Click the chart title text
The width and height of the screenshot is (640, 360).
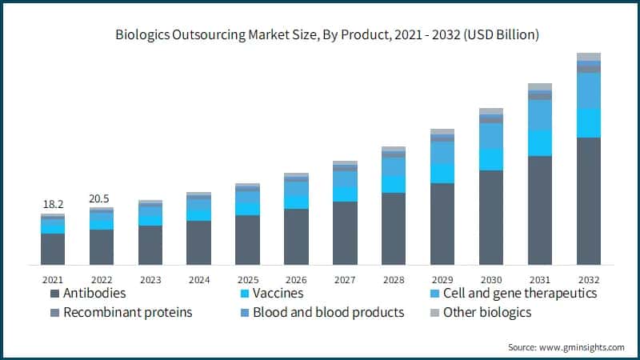tap(320, 35)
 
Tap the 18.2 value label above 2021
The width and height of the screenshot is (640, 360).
tap(53, 206)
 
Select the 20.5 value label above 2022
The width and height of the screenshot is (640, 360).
tap(101, 198)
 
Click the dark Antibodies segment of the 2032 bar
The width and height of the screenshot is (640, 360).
tap(589, 200)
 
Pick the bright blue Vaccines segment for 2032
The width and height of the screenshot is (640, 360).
tap(589, 122)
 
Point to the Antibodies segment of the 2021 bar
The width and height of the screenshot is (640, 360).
tap(53, 249)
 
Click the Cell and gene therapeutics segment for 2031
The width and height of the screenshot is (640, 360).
tap(540, 115)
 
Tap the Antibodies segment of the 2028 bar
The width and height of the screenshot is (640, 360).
tap(394, 228)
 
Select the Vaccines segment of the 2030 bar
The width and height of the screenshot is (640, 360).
tap(491, 159)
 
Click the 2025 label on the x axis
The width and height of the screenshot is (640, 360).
tap(247, 280)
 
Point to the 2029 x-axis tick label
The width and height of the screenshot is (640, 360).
tap(442, 280)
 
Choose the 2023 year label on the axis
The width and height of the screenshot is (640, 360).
tap(150, 280)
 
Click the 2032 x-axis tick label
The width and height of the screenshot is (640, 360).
tap(589, 280)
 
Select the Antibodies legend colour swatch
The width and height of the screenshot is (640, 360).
tap(53, 294)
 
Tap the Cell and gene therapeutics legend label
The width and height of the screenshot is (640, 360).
tap(520, 294)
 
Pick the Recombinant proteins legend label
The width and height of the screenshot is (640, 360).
tap(128, 312)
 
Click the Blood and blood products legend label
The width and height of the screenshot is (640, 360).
tap(328, 312)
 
